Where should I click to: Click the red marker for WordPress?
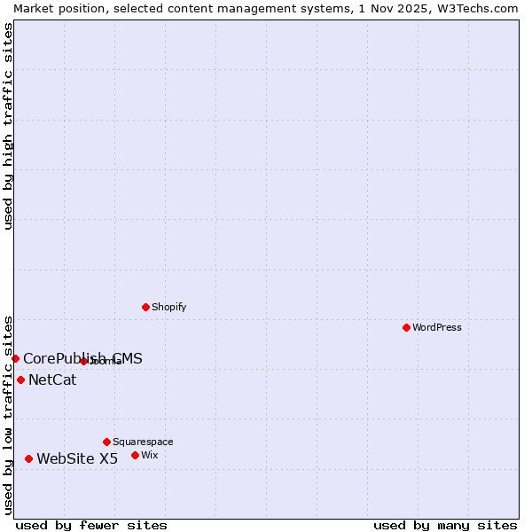coord(406,328)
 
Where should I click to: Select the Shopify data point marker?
coord(145,308)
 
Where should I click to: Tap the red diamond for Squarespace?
coord(106,442)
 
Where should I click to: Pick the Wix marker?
coord(135,456)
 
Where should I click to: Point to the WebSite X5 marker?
coord(28,459)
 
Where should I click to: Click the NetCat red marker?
coord(20,380)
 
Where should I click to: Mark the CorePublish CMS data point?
coord(15,358)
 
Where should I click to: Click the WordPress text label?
coord(437,328)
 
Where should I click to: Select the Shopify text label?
coord(168,308)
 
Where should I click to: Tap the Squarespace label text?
coord(143,442)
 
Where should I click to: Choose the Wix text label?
coord(150,456)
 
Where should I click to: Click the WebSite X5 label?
coord(77,459)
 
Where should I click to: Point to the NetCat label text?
coord(52,380)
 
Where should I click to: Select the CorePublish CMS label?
coord(82,359)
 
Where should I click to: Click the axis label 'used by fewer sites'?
coord(91,525)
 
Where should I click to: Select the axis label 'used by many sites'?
coord(445,525)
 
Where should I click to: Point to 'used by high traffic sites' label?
coord(8,126)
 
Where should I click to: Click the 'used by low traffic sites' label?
coord(8,414)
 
